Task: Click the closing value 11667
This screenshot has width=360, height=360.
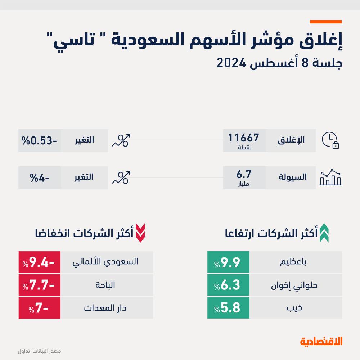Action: [x=244, y=138]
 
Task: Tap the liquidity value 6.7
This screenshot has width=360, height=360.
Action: [x=244, y=175]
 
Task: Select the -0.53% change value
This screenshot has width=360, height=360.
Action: [x=40, y=140]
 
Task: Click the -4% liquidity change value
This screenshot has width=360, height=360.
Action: [x=40, y=177]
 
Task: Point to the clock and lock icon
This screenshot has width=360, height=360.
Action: [x=330, y=140]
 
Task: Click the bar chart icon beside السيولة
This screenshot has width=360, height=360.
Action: [x=330, y=177]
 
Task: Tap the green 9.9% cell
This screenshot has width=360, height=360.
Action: [x=228, y=263]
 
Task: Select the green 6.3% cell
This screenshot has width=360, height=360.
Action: [x=228, y=285]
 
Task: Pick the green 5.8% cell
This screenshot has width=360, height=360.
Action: [x=228, y=308]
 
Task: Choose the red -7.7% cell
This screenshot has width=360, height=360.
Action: [x=40, y=285]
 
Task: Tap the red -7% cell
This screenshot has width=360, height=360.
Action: [x=40, y=308]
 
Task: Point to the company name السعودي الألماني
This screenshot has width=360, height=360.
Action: [x=106, y=262]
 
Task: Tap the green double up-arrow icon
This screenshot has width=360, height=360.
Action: [x=324, y=233]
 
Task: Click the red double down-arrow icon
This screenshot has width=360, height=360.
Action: [x=140, y=233]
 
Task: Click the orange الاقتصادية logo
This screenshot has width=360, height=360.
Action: [x=321, y=341]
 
